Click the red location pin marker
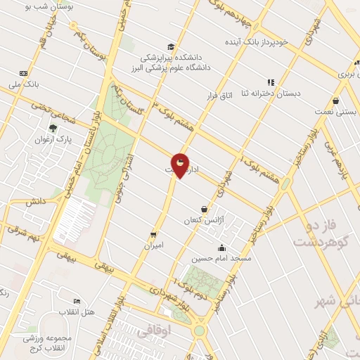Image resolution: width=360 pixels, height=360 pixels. click(181, 165)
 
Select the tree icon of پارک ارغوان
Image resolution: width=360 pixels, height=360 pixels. click(53, 128)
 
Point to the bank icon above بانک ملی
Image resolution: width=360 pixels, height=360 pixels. click(23, 73)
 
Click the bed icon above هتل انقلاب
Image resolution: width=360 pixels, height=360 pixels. click(77, 302)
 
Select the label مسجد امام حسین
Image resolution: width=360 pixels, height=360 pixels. click(222, 258)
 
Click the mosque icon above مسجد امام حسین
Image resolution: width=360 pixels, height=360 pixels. click(222, 247)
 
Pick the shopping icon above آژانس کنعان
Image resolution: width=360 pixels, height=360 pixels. click(204, 209)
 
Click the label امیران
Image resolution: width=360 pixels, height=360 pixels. click(153, 245)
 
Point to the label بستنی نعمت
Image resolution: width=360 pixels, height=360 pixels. click(335, 112)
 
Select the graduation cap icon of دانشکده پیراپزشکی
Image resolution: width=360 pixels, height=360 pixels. click(171, 46)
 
